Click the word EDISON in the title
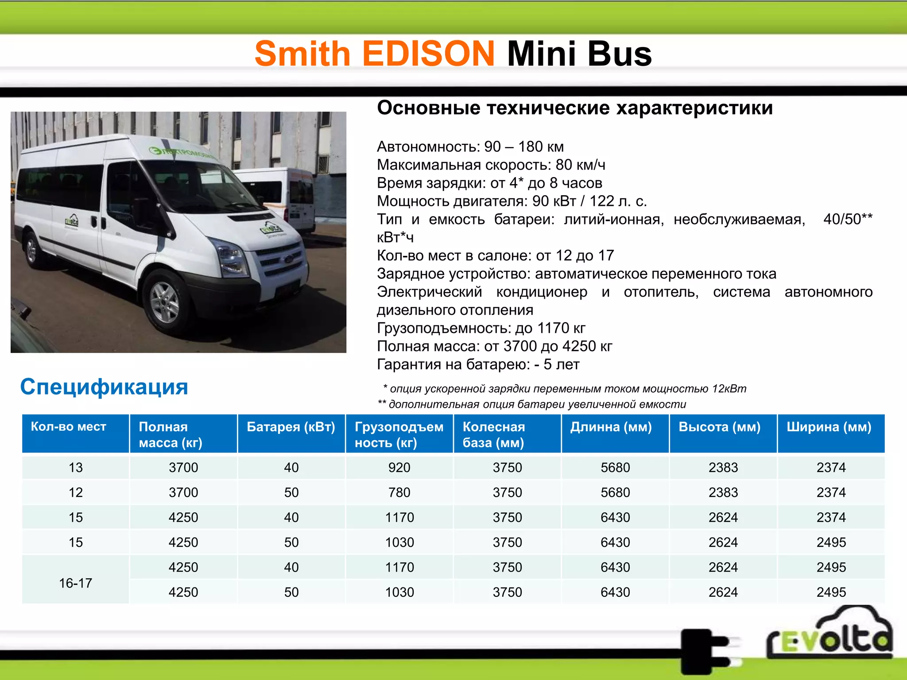pos(428,54)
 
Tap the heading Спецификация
pos(104,387)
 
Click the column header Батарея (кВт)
pos(291,427)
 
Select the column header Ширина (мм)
pos(829,427)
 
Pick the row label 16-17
pos(76,583)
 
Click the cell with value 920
pos(399,467)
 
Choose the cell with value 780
pos(399,492)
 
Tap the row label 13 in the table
pos(76,467)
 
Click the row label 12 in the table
pos(76,492)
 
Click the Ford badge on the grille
pos(288,259)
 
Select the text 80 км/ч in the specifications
pos(580,165)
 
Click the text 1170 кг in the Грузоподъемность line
pos(561,328)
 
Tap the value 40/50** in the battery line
pos(848,219)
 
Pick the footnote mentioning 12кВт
pos(565,389)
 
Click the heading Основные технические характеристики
pos(575,108)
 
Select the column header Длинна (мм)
pos(611,427)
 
